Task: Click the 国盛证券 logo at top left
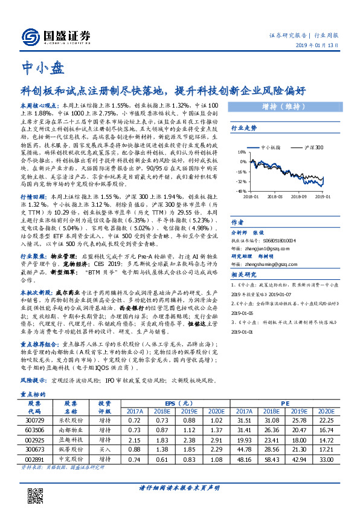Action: coord(51,36)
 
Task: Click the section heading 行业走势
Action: coord(244,128)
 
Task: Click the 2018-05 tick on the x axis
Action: coord(275,196)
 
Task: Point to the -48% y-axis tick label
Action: coord(240,190)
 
